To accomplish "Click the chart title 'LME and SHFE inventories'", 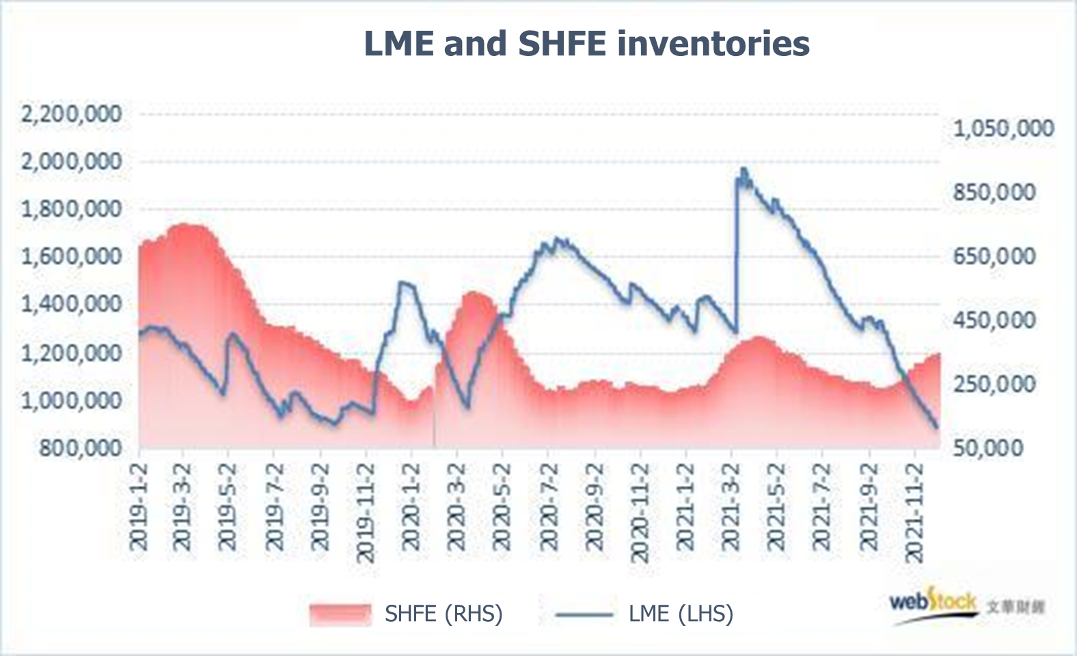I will click(586, 44).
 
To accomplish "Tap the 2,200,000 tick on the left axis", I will click(72, 114).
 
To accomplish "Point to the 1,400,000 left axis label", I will click(72, 304).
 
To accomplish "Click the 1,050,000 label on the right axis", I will click(1003, 128).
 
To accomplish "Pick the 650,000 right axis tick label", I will click(994, 257).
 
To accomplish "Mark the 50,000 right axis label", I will click(988, 448).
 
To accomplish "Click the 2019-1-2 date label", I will click(139, 507).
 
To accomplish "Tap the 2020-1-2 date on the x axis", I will click(411, 507).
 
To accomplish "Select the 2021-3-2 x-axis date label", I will click(731, 507).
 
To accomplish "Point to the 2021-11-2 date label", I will click(914, 512).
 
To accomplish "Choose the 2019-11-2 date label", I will click(366, 512).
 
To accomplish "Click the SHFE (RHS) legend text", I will click(444, 614).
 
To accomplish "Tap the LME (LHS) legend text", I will click(681, 614).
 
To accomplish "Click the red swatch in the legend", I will click(340, 614).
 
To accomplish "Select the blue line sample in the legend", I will click(584, 614).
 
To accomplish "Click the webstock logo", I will click(933, 604).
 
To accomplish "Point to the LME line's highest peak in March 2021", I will click(744, 169).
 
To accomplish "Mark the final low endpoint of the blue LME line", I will click(936, 427).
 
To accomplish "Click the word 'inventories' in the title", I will click(713, 44).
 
